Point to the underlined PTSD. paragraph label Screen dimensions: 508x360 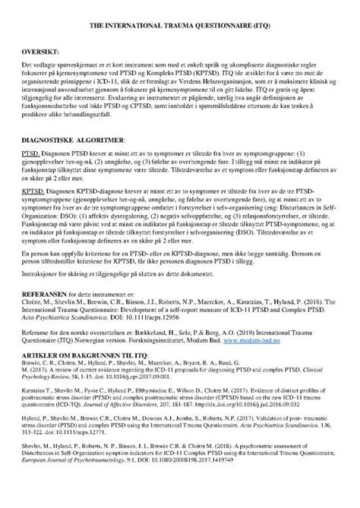[32, 154]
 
